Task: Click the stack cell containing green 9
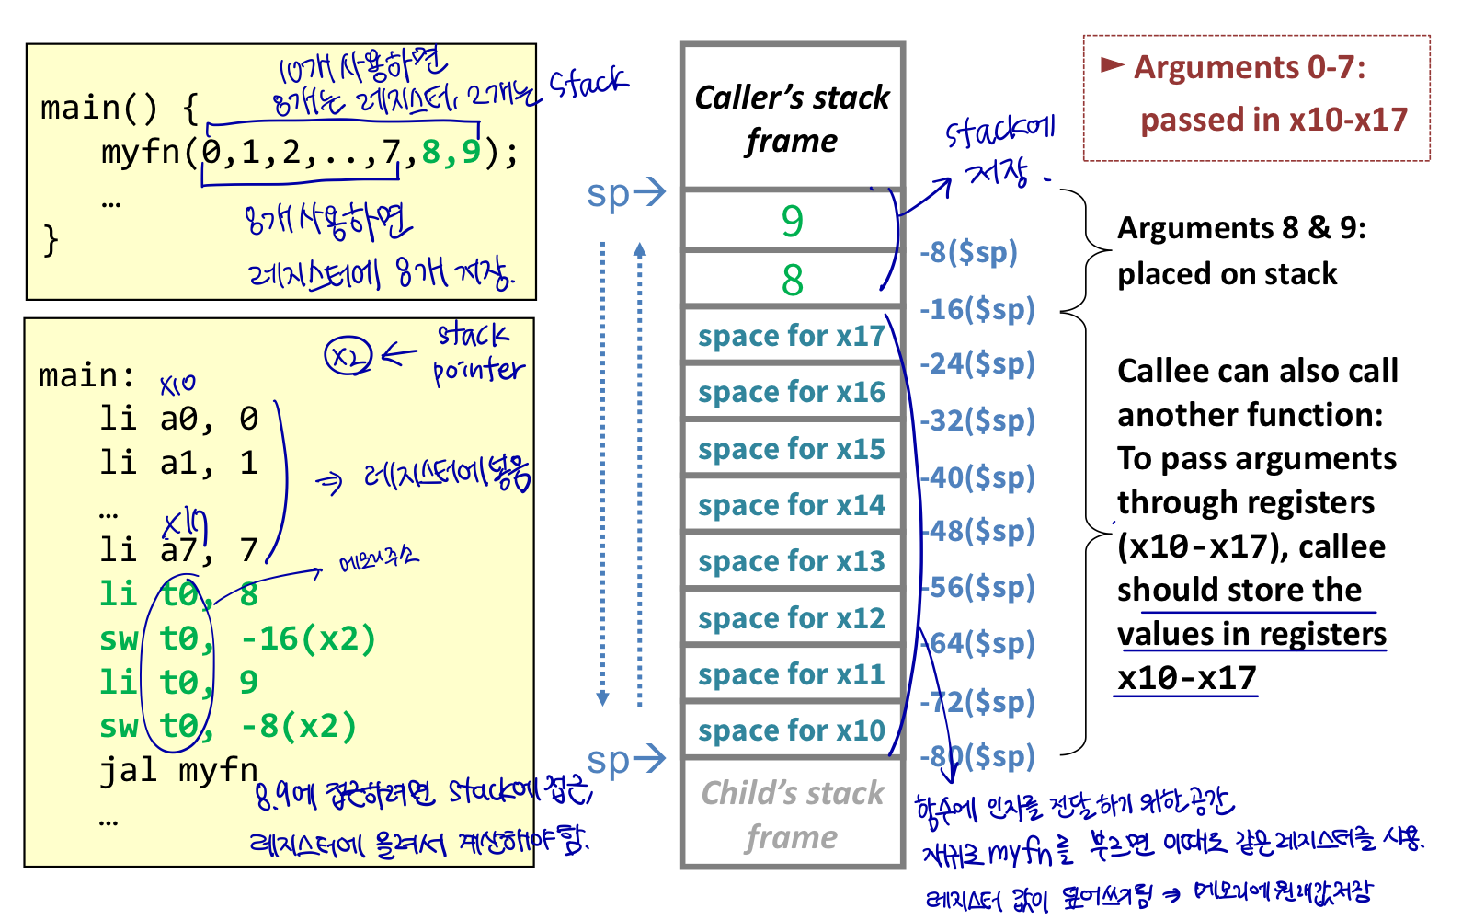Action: click(x=792, y=221)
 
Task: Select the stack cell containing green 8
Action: click(x=792, y=280)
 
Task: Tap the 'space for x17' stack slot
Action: click(x=791, y=337)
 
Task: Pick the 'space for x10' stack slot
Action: click(x=791, y=731)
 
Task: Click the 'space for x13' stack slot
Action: click(x=791, y=562)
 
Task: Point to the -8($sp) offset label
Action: click(x=969, y=252)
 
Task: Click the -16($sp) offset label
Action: click(x=977, y=309)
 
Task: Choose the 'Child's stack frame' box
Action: click(x=792, y=815)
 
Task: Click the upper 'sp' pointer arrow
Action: click(x=625, y=193)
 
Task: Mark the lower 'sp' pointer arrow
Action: click(x=625, y=760)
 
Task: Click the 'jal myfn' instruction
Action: click(x=179, y=770)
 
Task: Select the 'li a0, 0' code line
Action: click(x=179, y=420)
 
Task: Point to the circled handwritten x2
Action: click(x=348, y=356)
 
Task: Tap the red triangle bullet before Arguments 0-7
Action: click(x=1113, y=65)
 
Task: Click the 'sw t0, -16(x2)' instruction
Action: click(x=238, y=638)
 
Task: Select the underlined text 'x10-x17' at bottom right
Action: click(x=1187, y=678)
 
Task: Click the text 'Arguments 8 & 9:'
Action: click(x=1241, y=228)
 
